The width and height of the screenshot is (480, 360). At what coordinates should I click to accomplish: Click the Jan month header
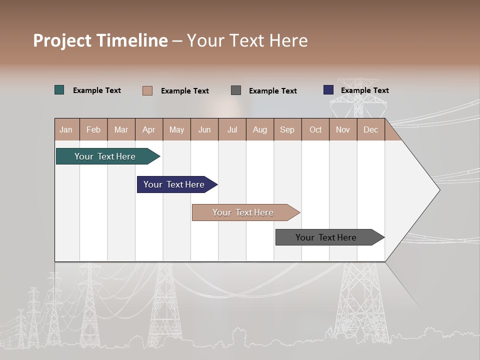click(66, 129)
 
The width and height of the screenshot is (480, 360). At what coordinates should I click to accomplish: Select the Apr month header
click(149, 129)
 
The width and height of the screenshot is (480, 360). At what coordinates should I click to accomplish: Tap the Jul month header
click(232, 129)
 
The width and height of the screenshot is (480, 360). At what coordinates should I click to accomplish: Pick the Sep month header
click(287, 129)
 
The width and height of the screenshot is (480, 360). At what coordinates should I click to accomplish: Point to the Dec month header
click(370, 129)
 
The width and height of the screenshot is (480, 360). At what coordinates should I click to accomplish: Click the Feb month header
click(93, 129)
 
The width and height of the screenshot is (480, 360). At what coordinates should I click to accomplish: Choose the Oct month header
click(315, 129)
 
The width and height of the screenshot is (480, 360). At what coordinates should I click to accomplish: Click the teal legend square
click(59, 90)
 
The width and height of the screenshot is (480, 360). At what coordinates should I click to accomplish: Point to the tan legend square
click(147, 90)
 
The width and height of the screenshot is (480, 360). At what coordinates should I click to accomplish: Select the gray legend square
click(236, 90)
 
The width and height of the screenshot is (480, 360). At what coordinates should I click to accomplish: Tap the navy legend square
click(328, 90)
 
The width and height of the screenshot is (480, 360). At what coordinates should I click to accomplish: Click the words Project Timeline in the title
click(100, 40)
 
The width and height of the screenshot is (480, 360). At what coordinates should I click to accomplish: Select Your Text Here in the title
click(247, 40)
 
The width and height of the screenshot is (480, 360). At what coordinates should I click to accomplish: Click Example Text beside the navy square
click(364, 90)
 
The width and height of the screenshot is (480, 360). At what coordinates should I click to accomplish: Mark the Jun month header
click(204, 129)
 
